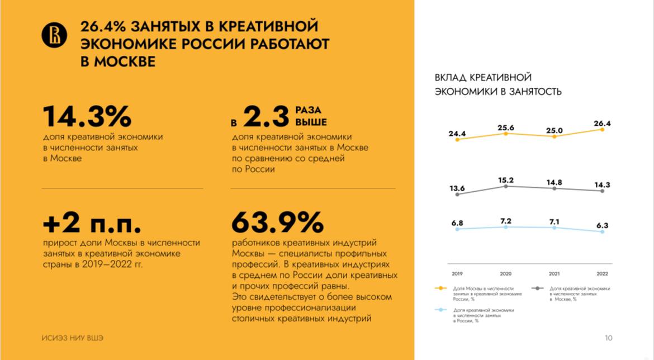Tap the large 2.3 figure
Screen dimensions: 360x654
pyautogui.click(x=265, y=117)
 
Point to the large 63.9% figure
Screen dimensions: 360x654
pyautogui.click(x=277, y=222)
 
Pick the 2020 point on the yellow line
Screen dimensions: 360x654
pyautogui.click(x=506, y=134)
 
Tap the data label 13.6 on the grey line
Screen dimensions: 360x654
pyautogui.click(x=457, y=187)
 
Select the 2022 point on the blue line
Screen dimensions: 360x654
pyautogui.click(x=602, y=231)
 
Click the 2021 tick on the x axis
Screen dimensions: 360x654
pyautogui.click(x=554, y=273)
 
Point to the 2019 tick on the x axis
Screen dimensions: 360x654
pyautogui.click(x=457, y=273)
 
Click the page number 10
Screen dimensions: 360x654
pyautogui.click(x=609, y=338)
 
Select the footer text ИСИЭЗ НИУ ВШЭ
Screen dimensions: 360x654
pyautogui.click(x=73, y=338)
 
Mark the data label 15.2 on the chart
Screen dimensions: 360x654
pyautogui.click(x=505, y=180)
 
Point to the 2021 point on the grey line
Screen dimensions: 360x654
pyautogui.click(x=554, y=188)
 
